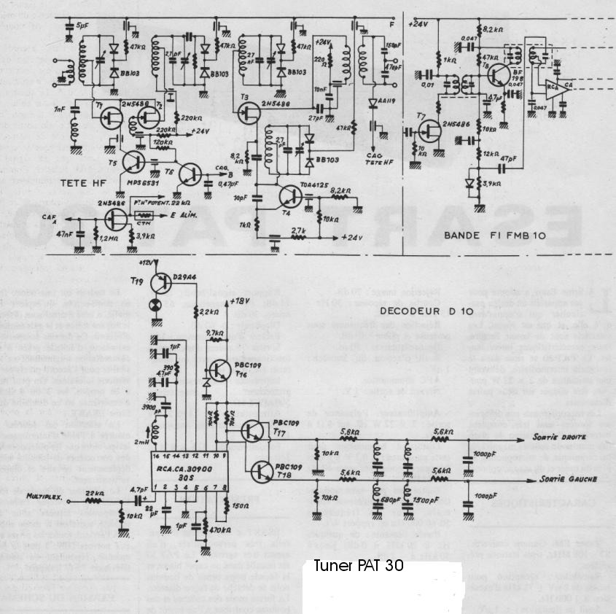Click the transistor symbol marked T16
(x=219, y=371)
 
